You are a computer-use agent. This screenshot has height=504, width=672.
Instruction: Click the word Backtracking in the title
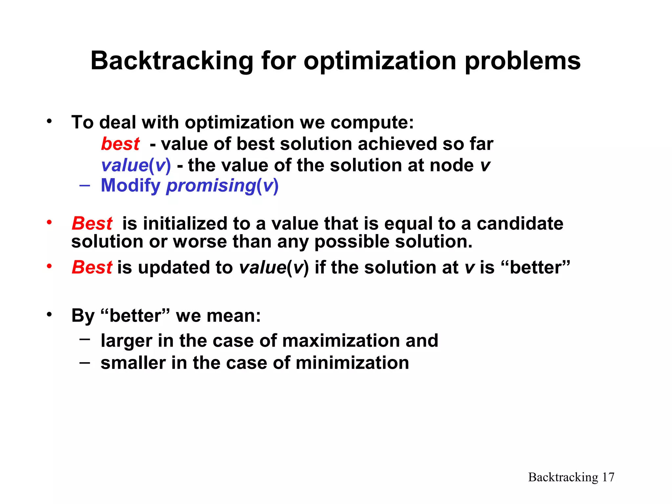(172, 61)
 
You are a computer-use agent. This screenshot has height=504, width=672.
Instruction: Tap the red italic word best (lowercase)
(120, 144)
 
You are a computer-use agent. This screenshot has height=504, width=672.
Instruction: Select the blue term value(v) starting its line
(136, 165)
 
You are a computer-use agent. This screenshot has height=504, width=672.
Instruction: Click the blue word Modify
(131, 185)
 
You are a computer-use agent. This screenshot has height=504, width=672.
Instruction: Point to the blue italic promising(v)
(222, 186)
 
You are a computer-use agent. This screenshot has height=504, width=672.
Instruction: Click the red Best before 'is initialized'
(92, 223)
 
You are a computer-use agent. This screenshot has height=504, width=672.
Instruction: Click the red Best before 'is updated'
(92, 267)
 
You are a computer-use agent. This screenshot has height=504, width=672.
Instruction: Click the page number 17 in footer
(608, 477)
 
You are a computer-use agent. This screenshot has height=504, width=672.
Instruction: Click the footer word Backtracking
(563, 477)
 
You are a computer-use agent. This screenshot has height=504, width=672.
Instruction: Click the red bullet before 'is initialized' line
(49, 222)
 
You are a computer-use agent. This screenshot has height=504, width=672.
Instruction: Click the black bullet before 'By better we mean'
(49, 315)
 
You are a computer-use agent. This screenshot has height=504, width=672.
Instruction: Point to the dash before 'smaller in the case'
(84, 362)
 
